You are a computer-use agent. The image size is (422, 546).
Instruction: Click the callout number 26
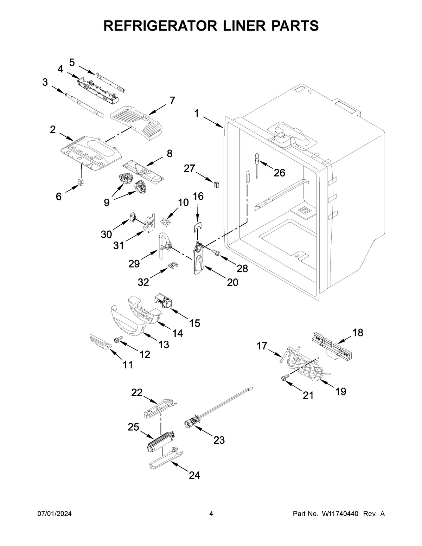point(279,173)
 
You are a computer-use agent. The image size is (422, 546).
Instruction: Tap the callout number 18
point(358,332)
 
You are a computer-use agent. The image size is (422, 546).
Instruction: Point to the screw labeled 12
point(118,339)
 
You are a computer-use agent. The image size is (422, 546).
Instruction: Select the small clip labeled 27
point(216,183)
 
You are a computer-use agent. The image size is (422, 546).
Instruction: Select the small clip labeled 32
point(172,264)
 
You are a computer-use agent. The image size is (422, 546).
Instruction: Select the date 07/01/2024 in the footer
point(55,514)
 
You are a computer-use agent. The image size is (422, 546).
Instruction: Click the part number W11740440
point(340,514)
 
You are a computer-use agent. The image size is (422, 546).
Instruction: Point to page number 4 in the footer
point(211,514)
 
